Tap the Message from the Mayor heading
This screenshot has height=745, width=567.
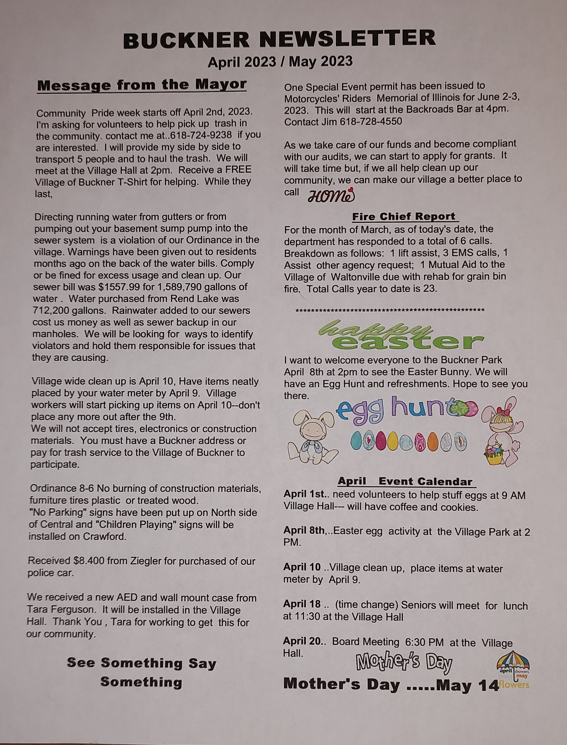[x=142, y=85]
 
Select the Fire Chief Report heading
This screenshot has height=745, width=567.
[x=404, y=216]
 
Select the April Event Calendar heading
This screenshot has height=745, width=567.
[x=405, y=481]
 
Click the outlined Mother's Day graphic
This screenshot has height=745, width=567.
[x=404, y=662]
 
